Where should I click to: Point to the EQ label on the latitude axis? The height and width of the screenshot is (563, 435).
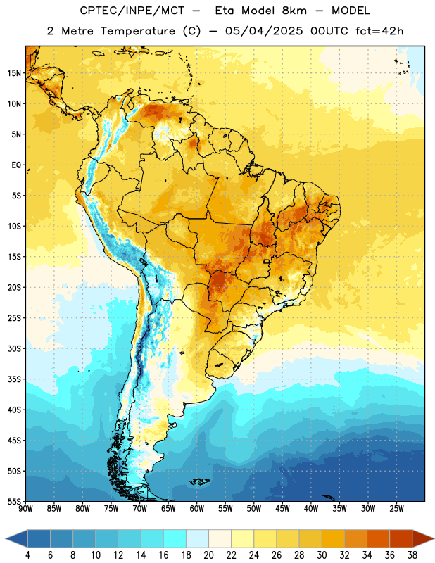point(16,165)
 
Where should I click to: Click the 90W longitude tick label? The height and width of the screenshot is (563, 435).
point(25,508)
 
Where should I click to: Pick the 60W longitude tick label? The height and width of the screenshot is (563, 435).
point(197,508)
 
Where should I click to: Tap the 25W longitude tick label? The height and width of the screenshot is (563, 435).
point(396,508)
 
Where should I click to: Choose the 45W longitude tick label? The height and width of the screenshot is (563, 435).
point(282,508)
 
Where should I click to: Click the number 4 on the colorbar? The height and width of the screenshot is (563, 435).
point(27,555)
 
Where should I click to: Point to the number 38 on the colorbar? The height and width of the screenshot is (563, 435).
point(412,555)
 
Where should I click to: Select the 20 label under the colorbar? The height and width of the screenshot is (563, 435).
point(208,555)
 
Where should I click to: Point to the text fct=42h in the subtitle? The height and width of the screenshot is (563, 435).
point(379,31)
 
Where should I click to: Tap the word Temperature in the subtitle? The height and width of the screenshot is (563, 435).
point(137,31)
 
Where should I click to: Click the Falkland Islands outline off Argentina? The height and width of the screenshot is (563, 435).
point(200,481)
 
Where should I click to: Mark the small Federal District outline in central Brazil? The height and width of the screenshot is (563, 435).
point(267,261)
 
